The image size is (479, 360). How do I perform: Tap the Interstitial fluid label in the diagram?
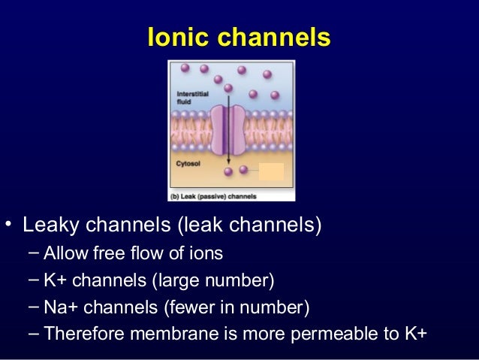tap(188, 96)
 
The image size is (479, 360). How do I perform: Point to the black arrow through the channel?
tap(229, 150)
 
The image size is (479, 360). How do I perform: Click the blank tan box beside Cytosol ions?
tap(271, 172)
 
